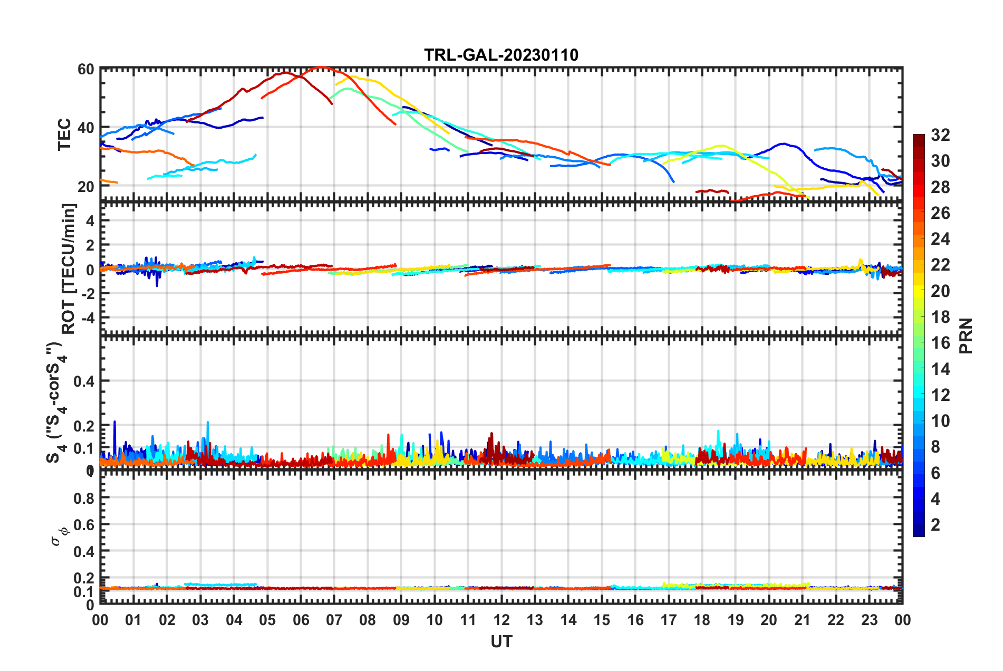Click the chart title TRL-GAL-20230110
pyautogui.click(x=501, y=55)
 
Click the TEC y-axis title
pyautogui.click(x=64, y=135)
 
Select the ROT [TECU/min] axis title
pyautogui.click(x=69, y=269)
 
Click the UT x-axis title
pyautogui.click(x=501, y=641)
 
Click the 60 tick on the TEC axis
pyautogui.click(x=86, y=69)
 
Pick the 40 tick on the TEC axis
pyautogui.click(x=86, y=128)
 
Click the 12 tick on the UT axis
pyautogui.click(x=502, y=620)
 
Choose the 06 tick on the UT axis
pyautogui.click(x=301, y=620)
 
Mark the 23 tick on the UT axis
pyautogui.click(x=869, y=620)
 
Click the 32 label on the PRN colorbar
pyautogui.click(x=940, y=135)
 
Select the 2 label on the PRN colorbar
pyautogui.click(x=936, y=524)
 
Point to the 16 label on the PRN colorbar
pyautogui.click(x=940, y=343)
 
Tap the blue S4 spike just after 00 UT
pyautogui.click(x=114, y=422)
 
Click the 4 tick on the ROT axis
pyautogui.click(x=90, y=221)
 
